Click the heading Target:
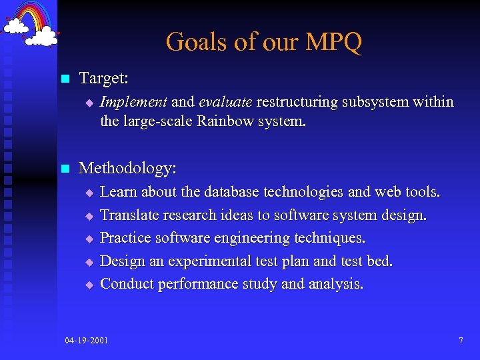[103, 79]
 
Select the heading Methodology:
[127, 168]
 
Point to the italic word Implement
[133, 102]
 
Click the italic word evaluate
[225, 102]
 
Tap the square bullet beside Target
[65, 79]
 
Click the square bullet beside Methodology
[65, 169]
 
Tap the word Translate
[131, 215]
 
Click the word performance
[198, 285]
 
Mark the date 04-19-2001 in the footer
[87, 341]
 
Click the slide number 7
[461, 341]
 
